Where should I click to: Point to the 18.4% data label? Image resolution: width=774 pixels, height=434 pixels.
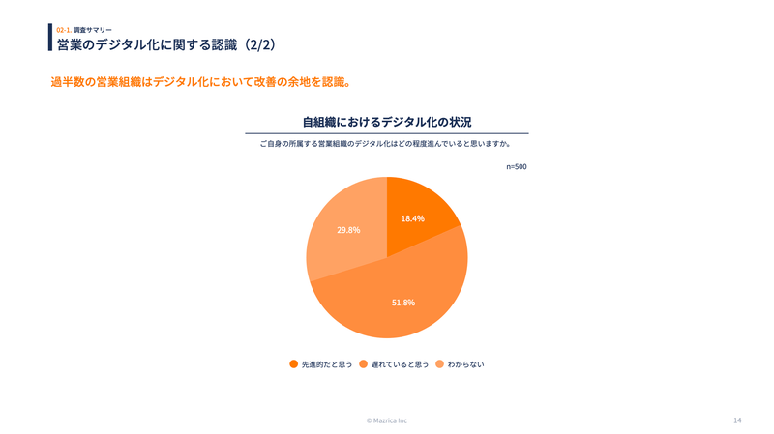point(413,218)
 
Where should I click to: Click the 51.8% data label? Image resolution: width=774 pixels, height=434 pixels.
point(403,303)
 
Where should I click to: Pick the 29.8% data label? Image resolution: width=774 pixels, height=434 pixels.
point(348,230)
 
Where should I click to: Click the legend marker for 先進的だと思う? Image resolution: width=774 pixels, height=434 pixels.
point(293,364)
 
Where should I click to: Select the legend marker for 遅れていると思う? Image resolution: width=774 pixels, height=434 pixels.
point(363,364)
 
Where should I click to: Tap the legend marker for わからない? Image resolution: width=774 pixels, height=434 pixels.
point(439,364)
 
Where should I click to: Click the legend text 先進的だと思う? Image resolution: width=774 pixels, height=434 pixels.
point(327,364)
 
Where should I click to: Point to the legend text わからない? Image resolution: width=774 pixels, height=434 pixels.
point(465,364)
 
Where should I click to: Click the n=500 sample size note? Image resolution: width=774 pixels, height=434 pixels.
point(517,167)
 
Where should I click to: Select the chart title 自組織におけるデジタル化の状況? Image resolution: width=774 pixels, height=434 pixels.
point(387,122)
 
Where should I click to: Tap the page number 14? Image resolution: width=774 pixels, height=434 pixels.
point(737,420)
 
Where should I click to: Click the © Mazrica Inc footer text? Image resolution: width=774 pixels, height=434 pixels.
point(387,420)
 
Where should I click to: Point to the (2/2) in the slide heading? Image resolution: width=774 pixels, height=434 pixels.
point(260,44)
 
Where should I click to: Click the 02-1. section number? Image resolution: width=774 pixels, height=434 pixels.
point(63,30)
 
